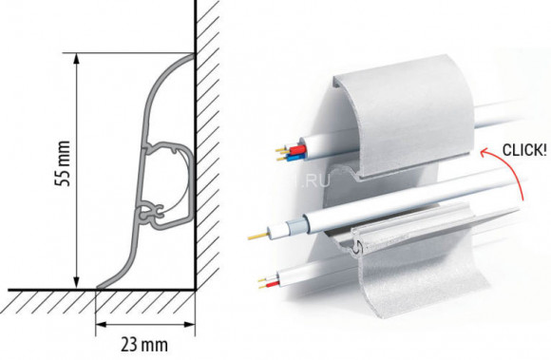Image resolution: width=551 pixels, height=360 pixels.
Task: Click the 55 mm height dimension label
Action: (63, 163)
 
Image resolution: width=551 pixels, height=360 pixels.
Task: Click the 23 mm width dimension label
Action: (144, 345)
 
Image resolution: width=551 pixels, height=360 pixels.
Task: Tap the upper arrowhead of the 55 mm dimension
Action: (76, 59)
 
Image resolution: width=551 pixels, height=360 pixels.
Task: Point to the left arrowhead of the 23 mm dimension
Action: (102, 325)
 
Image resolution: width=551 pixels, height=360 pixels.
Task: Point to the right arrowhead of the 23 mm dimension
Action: (189, 325)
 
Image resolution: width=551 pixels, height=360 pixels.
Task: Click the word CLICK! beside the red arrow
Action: (524, 150)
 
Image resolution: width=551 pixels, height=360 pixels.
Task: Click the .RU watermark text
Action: (315, 180)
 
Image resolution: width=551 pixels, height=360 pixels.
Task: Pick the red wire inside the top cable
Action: (301, 148)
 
